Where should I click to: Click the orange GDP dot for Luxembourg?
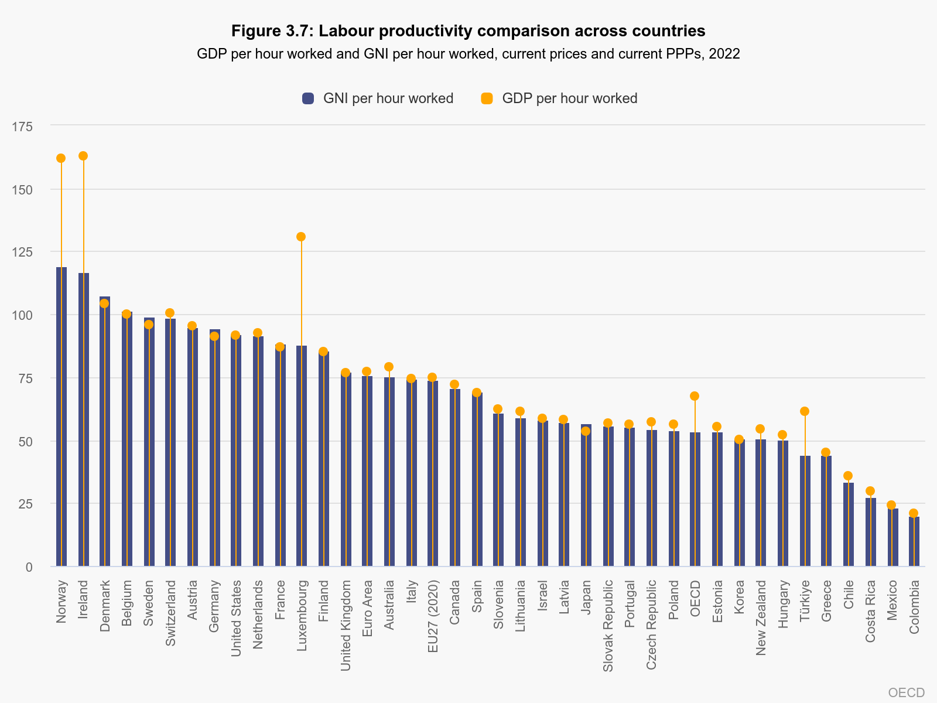(301, 237)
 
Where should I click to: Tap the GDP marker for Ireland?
(83, 156)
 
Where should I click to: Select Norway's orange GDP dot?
(61, 158)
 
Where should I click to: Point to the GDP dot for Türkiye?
(805, 411)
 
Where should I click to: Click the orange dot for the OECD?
(695, 396)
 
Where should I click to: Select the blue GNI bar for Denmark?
(105, 434)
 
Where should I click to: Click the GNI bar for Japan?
(586, 498)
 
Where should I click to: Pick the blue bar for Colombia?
(914, 542)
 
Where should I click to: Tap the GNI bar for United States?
(236, 451)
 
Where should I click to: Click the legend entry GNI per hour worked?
(378, 98)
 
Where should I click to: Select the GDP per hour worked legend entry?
(559, 98)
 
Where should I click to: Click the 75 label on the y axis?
(25, 378)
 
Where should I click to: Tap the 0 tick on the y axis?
(29, 567)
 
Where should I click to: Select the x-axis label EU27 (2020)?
(433, 616)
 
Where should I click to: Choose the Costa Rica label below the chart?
(871, 611)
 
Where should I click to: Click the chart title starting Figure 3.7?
(468, 30)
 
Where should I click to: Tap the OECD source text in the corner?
(906, 692)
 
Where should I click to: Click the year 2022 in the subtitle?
(724, 54)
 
